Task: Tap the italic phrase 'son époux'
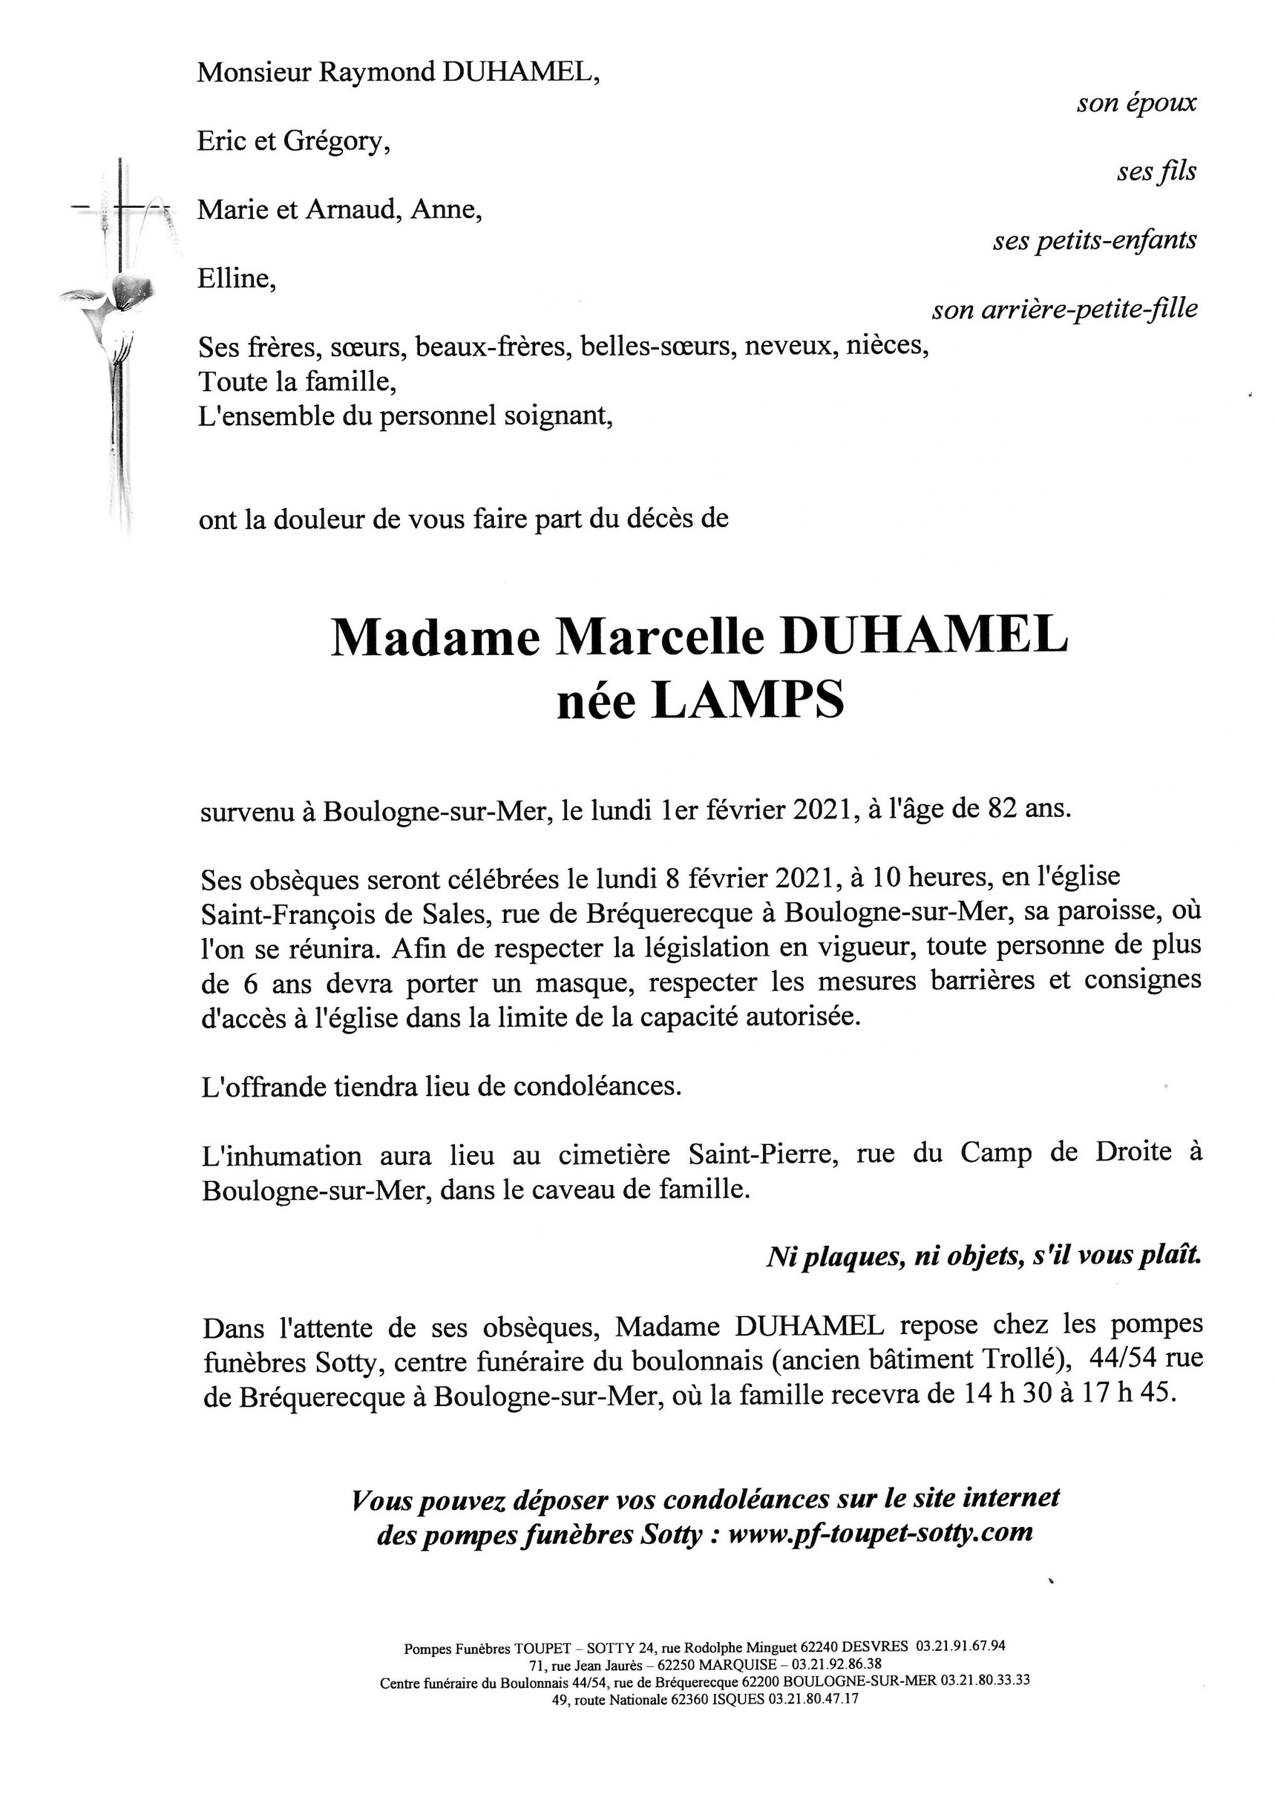pyautogui.click(x=1136, y=103)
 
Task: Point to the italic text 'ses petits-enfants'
pyautogui.click(x=1095, y=240)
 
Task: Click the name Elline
pyautogui.click(x=235, y=279)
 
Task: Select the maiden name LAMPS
pyautogui.click(x=747, y=701)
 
